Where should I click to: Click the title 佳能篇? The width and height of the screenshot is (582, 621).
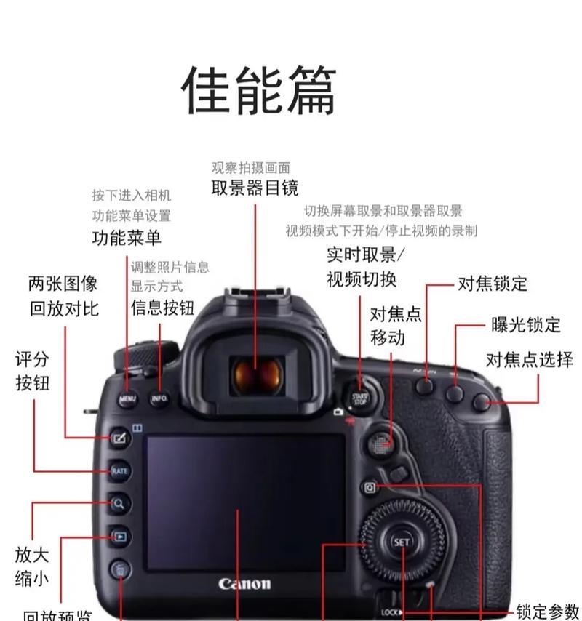tap(258, 90)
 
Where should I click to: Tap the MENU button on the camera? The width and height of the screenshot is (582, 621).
tap(127, 399)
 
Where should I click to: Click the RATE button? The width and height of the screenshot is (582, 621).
tap(119, 471)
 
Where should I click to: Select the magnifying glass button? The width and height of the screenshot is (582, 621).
tap(119, 503)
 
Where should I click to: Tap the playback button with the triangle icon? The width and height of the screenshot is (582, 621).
tap(119, 537)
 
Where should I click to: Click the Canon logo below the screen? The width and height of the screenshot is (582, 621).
tap(244, 583)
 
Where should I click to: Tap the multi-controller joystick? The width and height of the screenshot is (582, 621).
tap(379, 444)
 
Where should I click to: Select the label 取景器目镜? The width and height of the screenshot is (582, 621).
tap(255, 188)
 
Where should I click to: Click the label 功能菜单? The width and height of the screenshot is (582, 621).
tap(127, 238)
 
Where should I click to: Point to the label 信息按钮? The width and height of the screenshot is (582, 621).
tap(162, 308)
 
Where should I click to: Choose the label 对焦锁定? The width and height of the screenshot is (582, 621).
tap(493, 284)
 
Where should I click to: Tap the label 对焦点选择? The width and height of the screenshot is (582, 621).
tap(530, 360)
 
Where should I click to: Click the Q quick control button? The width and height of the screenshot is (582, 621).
tap(370, 487)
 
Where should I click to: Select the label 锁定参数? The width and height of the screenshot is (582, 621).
tap(548, 611)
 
